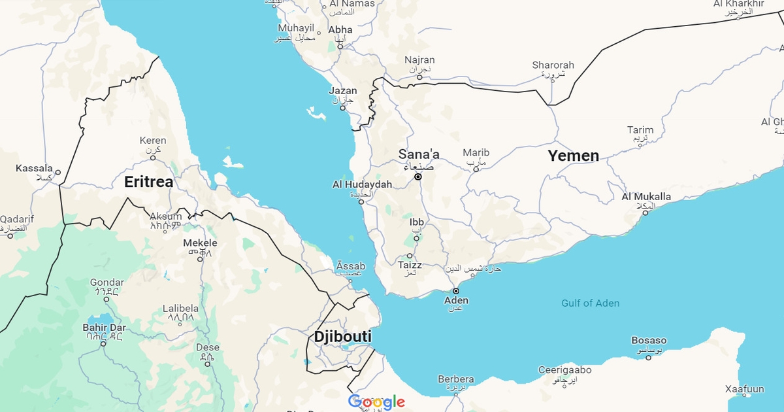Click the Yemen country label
coord(573,156)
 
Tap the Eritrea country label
coord(149,182)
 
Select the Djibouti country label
coord(342,337)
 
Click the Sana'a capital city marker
coord(418,177)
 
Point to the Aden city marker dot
coord(456,291)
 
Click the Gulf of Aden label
coord(590,303)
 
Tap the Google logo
coord(376,402)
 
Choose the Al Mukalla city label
coord(646,197)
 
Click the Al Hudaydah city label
coord(363,185)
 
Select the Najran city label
coord(419,60)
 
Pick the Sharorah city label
coord(553,65)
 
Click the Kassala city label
coord(34,169)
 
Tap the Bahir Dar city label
coord(103,327)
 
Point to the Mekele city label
coord(200,243)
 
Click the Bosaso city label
coord(649,341)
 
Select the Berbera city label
coord(456,379)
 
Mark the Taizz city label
coord(410,266)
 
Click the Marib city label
coord(476,153)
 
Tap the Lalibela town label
coord(180,309)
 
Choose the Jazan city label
coord(343,91)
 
